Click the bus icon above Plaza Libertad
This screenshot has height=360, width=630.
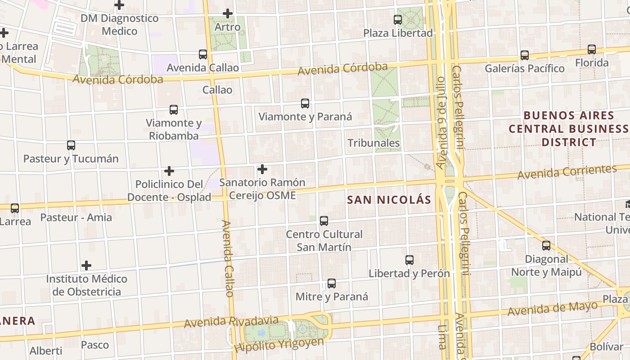(x=397, y=20)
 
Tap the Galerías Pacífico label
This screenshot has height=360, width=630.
(x=524, y=68)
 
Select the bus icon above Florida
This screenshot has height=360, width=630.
(x=591, y=49)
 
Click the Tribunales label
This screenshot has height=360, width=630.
(x=373, y=143)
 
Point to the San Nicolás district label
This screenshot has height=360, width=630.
(x=389, y=200)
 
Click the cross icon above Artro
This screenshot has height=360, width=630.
(x=228, y=13)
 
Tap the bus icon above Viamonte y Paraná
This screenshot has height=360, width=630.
(x=305, y=103)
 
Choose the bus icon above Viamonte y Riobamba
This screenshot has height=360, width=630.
(x=174, y=110)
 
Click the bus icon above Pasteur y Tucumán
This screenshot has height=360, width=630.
(x=71, y=145)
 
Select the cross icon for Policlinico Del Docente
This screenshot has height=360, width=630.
(x=169, y=171)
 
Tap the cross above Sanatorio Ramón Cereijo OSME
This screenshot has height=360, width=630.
(x=262, y=169)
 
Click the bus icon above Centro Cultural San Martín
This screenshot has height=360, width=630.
(x=324, y=221)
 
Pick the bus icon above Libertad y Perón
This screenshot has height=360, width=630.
(x=409, y=260)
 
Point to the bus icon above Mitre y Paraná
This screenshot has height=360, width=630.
(x=332, y=283)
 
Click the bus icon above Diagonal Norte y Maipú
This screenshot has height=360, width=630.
(x=546, y=246)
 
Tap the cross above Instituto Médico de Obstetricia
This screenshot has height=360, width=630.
(x=86, y=265)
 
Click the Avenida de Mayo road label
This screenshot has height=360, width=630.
(x=553, y=309)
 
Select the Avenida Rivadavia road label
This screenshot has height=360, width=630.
(x=231, y=321)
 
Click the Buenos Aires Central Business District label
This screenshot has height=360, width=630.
(x=569, y=129)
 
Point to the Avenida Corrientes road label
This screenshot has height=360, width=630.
(x=567, y=172)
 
